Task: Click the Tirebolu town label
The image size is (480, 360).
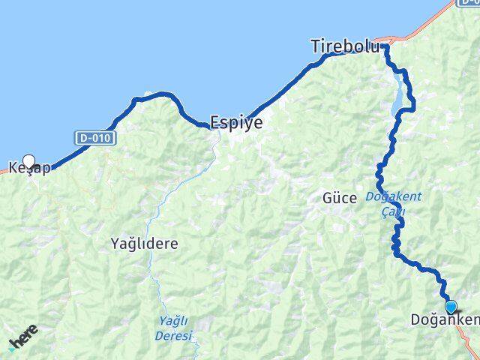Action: tap(344, 46)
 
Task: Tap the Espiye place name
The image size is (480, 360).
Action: tap(236, 123)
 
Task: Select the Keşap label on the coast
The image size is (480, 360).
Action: tap(30, 168)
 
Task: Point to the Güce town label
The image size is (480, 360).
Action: tap(339, 199)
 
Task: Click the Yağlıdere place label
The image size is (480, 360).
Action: tap(144, 244)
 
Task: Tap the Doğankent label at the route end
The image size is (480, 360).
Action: tap(445, 320)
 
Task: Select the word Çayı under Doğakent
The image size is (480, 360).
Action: tap(393, 211)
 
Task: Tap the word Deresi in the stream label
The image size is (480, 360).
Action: tap(174, 335)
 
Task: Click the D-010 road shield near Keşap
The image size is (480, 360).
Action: tap(88, 138)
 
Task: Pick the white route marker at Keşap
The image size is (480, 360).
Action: tap(29, 160)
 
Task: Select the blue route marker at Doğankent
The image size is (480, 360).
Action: tap(451, 306)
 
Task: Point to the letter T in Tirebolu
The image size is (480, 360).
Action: tap(316, 46)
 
